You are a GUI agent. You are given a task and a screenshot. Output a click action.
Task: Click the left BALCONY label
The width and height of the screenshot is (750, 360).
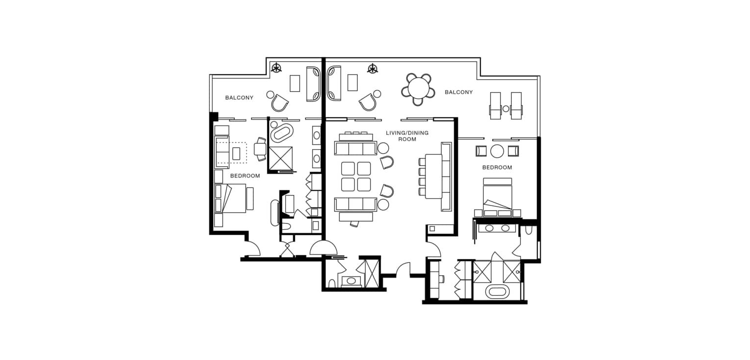tap(239, 98)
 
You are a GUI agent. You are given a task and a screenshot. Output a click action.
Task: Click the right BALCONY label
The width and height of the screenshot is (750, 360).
tap(459, 92)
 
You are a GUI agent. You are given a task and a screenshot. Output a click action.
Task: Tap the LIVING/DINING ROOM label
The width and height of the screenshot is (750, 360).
tap(407, 136)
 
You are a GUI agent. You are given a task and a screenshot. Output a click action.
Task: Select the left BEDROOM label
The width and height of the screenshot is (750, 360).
tap(245, 176)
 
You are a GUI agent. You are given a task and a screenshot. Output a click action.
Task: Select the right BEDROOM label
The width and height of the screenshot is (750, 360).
tap(497, 167)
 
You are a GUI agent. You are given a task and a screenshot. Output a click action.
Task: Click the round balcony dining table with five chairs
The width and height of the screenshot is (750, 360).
tap(418, 89)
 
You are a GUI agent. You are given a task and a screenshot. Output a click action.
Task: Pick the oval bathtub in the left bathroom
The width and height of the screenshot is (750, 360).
tap(281, 133)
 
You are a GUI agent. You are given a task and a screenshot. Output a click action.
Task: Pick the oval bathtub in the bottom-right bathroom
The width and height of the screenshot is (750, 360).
tap(497, 292)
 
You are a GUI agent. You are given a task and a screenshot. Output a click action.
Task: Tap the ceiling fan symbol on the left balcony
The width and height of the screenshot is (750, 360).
tap(276, 68)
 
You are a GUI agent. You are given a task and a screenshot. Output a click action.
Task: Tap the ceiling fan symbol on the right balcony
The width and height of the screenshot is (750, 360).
tap(373, 69)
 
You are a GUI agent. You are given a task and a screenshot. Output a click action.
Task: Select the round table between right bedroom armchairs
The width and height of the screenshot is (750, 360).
tap(497, 152)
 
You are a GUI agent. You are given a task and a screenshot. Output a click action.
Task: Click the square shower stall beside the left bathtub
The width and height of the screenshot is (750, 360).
tap(280, 158)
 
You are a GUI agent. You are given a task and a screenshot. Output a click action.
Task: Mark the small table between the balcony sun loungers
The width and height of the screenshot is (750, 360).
tap(506, 109)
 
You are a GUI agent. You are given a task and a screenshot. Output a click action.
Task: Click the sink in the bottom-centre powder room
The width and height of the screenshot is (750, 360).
tap(351, 281)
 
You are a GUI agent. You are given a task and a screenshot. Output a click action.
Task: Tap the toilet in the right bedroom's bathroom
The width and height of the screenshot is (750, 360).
tap(529, 230)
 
